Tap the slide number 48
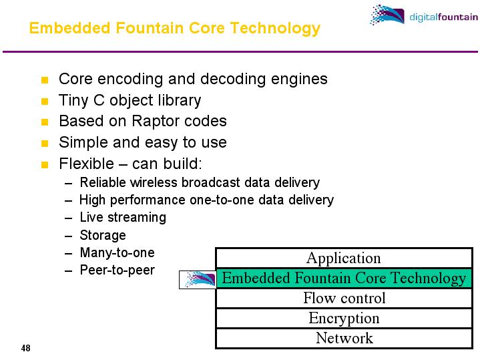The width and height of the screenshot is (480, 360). (26, 348)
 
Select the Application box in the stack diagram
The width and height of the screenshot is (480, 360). (343, 258)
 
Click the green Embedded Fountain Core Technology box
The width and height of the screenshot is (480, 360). (344, 278)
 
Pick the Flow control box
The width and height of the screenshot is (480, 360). (344, 298)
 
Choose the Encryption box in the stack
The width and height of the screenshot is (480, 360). (344, 318)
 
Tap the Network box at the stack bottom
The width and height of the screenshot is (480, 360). (344, 338)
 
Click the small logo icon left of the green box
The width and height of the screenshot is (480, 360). (199, 279)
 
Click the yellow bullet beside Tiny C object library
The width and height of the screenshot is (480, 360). (45, 102)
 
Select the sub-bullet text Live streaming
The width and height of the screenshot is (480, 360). (123, 218)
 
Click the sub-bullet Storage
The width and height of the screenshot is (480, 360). (103, 235)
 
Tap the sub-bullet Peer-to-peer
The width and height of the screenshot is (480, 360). (117, 271)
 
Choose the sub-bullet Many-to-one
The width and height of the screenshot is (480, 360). (117, 253)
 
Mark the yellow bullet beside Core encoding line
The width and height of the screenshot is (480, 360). (45, 81)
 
